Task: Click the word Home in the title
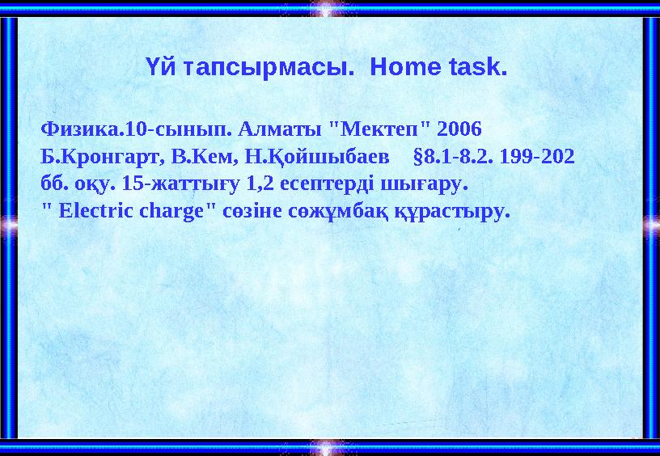[x=404, y=67]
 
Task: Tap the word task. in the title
[x=476, y=67]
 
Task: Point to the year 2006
[x=459, y=129]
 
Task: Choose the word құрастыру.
[x=446, y=212]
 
